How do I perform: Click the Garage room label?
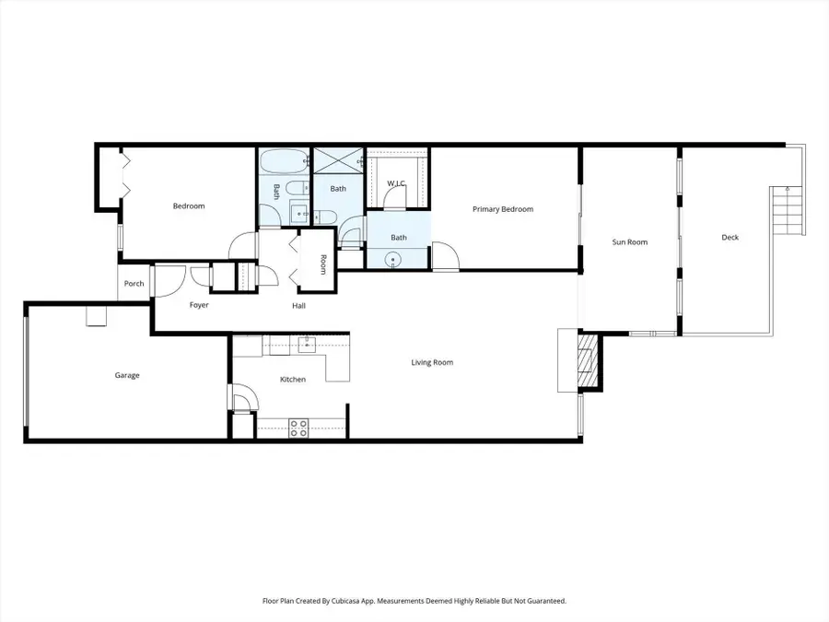127,375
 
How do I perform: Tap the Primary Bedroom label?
503,209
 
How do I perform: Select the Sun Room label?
630,242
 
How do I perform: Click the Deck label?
730,238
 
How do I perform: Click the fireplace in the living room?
584,361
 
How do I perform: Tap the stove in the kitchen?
299,428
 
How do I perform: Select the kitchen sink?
309,344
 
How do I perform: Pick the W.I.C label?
397,183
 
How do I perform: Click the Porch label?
134,283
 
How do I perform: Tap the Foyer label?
199,304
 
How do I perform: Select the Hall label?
299,305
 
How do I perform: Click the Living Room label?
432,362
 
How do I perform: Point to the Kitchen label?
293,379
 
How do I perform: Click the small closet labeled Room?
322,264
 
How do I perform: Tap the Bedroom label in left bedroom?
189,205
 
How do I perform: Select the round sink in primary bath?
394,261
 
